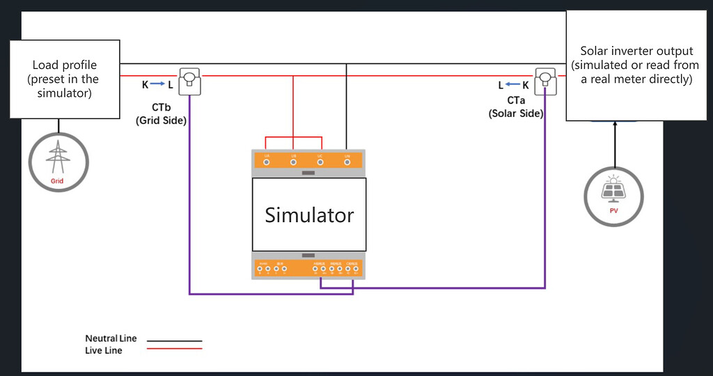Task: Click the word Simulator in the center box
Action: click(x=309, y=215)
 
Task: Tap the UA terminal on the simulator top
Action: click(x=267, y=162)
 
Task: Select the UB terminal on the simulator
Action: click(x=293, y=162)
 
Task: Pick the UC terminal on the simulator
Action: click(x=320, y=162)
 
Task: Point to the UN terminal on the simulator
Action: click(x=347, y=162)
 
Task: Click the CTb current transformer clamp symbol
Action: click(x=189, y=81)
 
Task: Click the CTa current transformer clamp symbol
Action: click(x=544, y=81)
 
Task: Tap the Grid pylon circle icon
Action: click(x=58, y=162)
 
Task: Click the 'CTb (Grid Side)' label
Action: click(x=161, y=114)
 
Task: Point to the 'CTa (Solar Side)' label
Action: click(x=516, y=107)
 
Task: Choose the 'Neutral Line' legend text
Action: click(x=111, y=338)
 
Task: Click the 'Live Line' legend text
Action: click(x=104, y=350)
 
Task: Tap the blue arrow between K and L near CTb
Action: click(x=156, y=85)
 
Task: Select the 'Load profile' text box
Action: click(x=63, y=79)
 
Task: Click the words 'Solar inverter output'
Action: click(x=636, y=51)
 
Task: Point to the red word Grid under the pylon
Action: click(x=57, y=181)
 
